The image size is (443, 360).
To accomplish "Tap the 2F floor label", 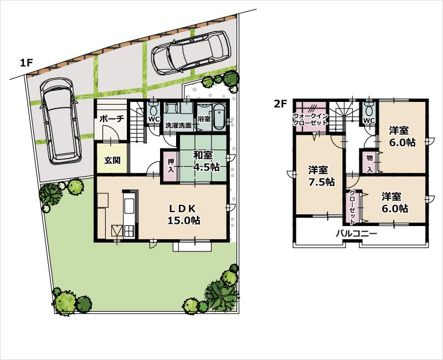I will point(281,103).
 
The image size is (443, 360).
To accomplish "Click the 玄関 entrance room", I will point(113,161).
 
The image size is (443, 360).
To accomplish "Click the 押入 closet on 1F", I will point(171,166).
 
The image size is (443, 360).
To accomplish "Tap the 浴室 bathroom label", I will point(203,119).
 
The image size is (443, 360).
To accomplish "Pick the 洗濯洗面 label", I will point(179,126).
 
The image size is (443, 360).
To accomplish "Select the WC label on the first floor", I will point(154,119).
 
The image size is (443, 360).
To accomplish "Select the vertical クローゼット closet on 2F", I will point(353,205).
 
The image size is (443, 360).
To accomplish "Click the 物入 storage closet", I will point(369,162).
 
